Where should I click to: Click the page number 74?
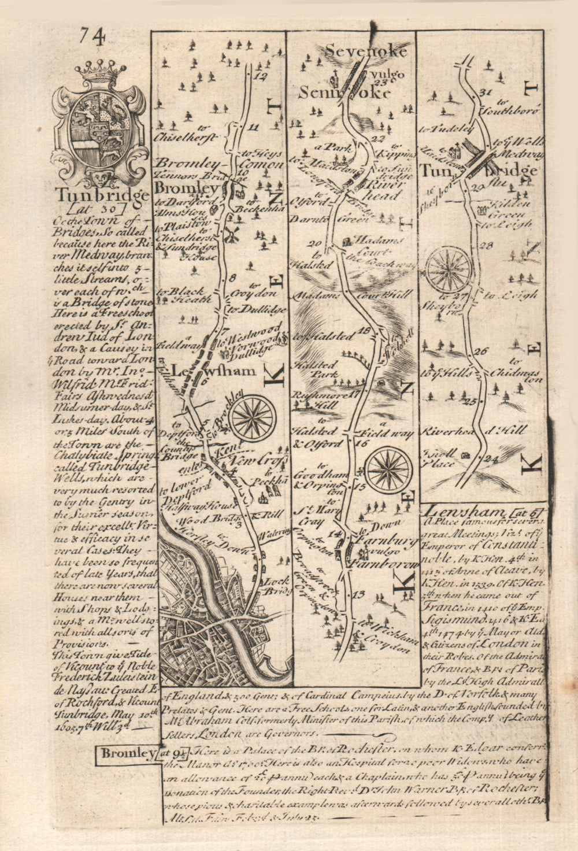92,39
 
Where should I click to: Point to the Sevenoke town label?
366,51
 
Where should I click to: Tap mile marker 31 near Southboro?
484,93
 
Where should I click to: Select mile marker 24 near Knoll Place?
492,460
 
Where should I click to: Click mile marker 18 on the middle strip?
364,330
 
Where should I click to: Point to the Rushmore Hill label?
312,400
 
